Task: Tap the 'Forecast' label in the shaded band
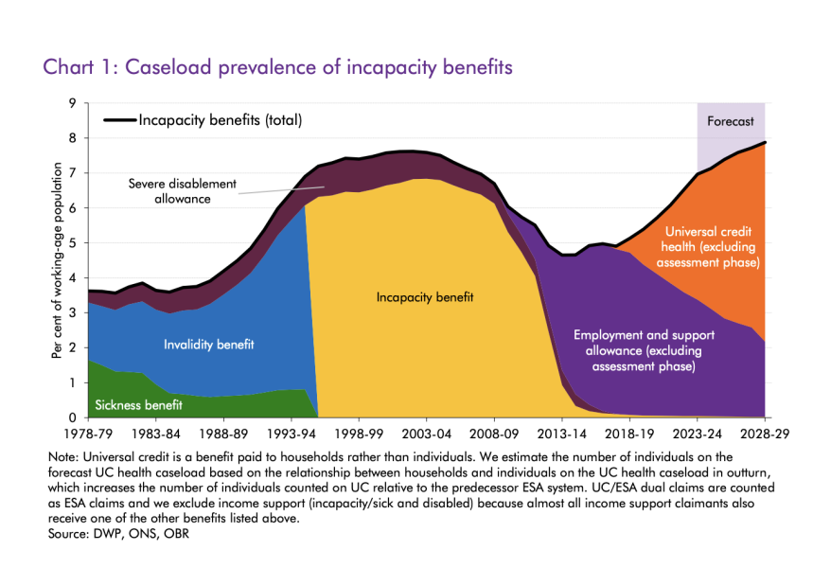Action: coord(731,121)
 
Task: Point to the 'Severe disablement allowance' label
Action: coord(183,189)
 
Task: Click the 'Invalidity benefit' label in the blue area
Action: coord(208,345)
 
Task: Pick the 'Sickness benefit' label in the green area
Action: coord(138,404)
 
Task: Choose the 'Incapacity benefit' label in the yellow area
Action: coord(424,297)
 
